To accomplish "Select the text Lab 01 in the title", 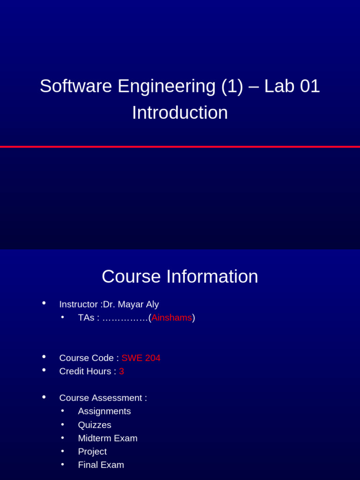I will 292,86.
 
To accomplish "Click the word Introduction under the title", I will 180,113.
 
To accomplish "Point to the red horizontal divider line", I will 180,147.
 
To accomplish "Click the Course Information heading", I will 180,277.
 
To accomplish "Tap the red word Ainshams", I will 172,318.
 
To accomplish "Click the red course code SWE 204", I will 141,358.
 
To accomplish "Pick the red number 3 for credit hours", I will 121,371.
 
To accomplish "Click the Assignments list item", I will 104,411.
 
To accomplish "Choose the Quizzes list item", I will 94,425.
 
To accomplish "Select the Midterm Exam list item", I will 107,438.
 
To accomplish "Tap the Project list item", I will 92,451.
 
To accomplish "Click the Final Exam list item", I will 101,465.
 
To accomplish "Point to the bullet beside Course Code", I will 44,357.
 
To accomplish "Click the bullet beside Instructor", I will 44,303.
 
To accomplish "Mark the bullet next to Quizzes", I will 63,424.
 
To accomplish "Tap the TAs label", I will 86,318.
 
